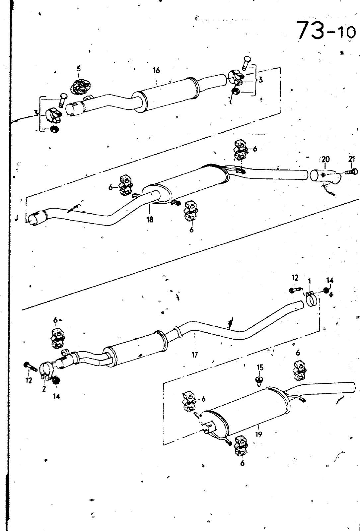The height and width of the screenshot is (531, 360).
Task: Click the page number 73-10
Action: coord(326,31)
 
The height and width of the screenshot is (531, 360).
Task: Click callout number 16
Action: coord(156,70)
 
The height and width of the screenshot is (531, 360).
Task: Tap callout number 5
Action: coord(79,69)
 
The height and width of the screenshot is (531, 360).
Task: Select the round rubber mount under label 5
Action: coord(80,87)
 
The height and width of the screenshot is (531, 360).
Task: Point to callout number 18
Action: coord(150,219)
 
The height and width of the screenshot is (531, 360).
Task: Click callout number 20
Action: coord(325,159)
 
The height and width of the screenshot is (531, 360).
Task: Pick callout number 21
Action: coord(351,159)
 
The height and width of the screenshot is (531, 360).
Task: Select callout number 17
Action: coord(194,355)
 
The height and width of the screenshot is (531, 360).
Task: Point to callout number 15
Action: coord(260,367)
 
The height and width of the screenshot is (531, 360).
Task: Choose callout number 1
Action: coord(309,281)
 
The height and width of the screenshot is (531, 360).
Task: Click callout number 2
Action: coord(44,389)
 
